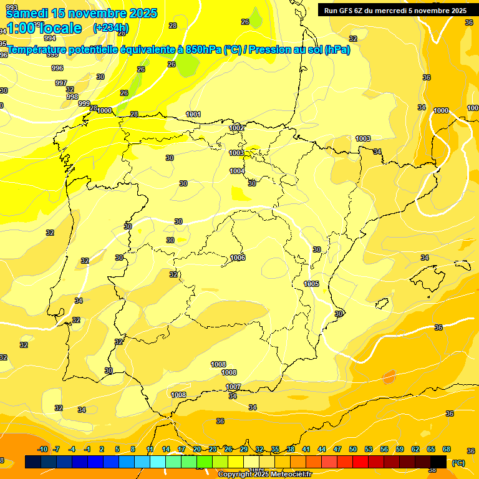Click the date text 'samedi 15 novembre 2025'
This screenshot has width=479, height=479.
point(81,13)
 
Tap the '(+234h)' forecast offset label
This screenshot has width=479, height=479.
point(110,27)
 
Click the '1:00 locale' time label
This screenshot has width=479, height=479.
point(44,27)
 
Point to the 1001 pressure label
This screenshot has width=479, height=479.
point(193,114)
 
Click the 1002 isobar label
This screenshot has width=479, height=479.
point(236,128)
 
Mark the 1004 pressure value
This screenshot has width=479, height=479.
point(237,171)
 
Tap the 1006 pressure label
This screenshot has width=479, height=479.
point(238,258)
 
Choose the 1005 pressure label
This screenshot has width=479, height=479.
point(312,284)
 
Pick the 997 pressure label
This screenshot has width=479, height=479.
point(60,83)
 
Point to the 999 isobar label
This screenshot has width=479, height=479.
point(84,104)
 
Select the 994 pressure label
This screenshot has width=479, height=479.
point(50,56)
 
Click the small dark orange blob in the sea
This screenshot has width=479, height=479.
point(389,377)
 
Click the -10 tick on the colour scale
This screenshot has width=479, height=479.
point(43,449)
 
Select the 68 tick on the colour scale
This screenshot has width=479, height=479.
point(447,449)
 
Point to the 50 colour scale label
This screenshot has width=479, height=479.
point(353,449)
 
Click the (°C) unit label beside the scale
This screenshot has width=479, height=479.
point(458,462)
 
